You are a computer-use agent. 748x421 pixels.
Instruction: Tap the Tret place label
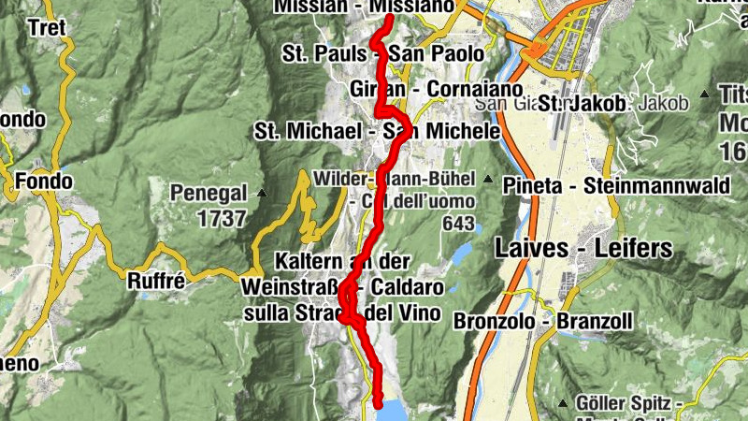pyautogui.click(x=47, y=28)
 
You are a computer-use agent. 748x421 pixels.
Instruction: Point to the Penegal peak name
pyautogui.click(x=209, y=194)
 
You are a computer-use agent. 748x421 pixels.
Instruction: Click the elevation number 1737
pyautogui.click(x=223, y=219)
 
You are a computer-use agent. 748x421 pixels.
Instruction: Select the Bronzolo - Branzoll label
pyautogui.click(x=545, y=321)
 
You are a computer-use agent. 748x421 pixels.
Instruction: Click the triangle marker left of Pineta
pyautogui.click(x=488, y=179)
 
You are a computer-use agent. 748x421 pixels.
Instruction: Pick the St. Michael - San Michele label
pyautogui.click(x=377, y=132)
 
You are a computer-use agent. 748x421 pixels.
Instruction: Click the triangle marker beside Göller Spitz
pyautogui.click(x=562, y=403)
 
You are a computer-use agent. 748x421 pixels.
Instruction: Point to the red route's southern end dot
pyautogui.click(x=379, y=403)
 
